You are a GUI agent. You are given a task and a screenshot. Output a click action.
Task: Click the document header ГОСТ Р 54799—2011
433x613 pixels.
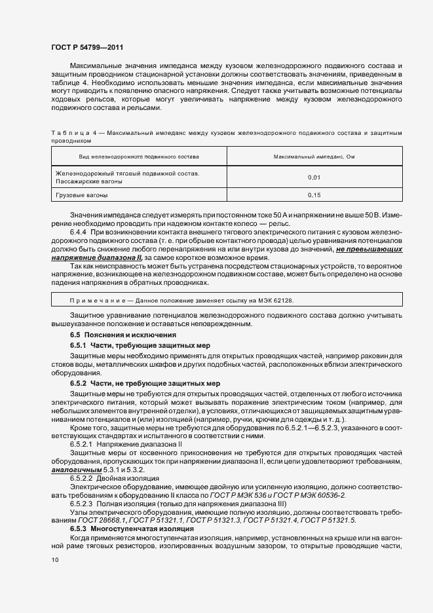[86, 48]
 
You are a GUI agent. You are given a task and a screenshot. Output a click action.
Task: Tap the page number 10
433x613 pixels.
[54, 560]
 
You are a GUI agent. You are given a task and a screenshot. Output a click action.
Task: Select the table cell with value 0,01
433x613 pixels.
[314, 177]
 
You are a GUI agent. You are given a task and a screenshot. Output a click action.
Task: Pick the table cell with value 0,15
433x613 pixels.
[314, 195]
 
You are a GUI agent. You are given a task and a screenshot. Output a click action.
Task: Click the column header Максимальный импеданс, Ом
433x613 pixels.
[314, 157]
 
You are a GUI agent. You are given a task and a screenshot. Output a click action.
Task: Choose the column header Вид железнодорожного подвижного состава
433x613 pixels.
[139, 157]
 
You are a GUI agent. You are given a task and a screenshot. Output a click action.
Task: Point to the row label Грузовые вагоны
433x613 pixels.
[82, 195]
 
